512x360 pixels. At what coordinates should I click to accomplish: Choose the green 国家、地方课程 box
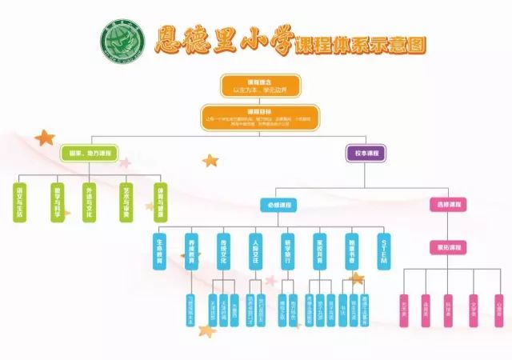[89, 153]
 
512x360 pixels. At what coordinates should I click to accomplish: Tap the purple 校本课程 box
[366, 153]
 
